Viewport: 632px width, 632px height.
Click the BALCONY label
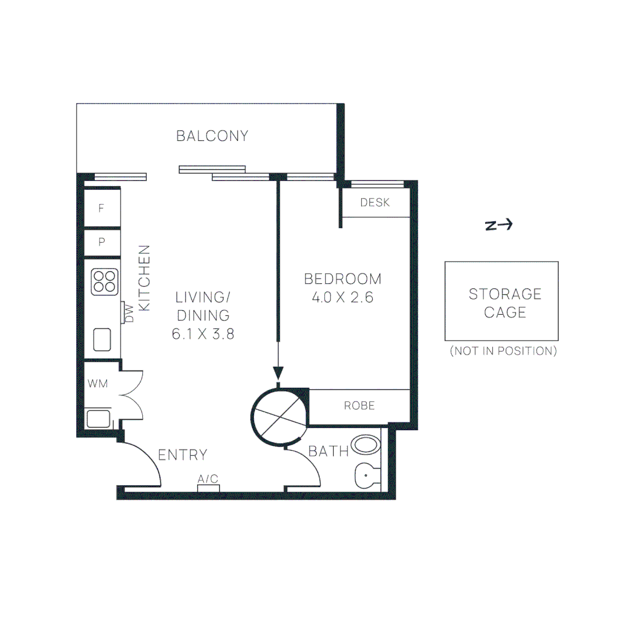(x=212, y=136)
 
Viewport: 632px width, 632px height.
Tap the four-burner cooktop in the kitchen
(x=105, y=281)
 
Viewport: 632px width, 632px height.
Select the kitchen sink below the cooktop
(x=102, y=339)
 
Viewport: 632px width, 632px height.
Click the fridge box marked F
(x=102, y=208)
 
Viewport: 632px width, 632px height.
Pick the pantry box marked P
(x=102, y=242)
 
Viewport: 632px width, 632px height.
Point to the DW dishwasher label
(x=129, y=313)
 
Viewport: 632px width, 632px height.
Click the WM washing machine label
(x=98, y=383)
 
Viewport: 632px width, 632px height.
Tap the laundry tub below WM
(x=98, y=419)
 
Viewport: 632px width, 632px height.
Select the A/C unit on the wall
(x=208, y=488)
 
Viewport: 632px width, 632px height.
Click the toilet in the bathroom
(x=367, y=476)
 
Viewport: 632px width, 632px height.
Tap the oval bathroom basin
(x=366, y=445)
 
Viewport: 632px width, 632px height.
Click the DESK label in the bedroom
(x=375, y=202)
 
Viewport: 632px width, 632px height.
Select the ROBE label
(x=359, y=406)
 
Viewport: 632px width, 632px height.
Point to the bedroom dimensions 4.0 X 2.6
(x=342, y=297)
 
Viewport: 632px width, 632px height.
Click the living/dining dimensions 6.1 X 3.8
(x=202, y=334)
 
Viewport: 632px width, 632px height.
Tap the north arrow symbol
(x=499, y=225)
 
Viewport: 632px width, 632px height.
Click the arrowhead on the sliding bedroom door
(x=278, y=373)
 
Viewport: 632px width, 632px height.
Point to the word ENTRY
(x=183, y=455)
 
